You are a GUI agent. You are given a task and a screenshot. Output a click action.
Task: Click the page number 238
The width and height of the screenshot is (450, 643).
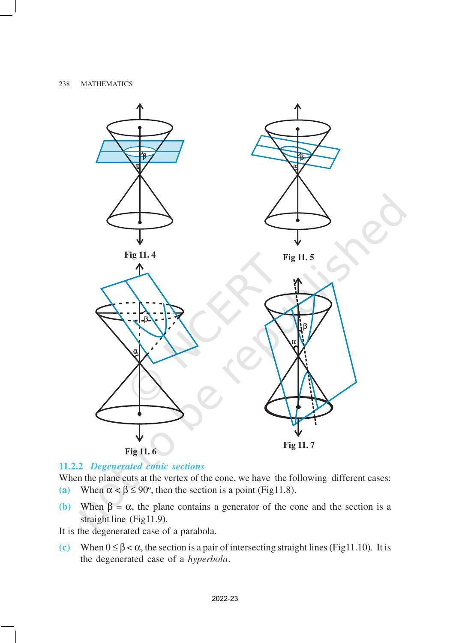(x=64, y=84)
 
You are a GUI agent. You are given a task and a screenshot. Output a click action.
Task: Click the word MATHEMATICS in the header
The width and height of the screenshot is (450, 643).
(x=107, y=84)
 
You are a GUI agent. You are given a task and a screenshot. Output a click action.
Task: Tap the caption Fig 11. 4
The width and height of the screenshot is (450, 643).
(x=140, y=255)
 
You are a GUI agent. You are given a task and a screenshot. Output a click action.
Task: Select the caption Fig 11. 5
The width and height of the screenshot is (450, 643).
(x=298, y=258)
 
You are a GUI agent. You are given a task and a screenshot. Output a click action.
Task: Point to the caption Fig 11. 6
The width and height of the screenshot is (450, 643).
(x=141, y=451)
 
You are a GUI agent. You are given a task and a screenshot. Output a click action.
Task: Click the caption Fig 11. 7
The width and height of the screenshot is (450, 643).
(x=299, y=445)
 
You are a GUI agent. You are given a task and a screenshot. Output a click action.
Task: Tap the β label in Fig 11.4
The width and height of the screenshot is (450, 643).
(x=144, y=156)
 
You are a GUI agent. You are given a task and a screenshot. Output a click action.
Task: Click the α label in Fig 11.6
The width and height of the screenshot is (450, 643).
(x=135, y=352)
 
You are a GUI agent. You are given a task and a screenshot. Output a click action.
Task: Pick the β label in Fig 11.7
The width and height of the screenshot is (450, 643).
(x=305, y=326)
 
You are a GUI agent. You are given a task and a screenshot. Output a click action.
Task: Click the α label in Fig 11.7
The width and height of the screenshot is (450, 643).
(x=294, y=342)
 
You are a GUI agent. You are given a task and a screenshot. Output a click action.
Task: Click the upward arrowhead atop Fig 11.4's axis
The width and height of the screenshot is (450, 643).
(x=140, y=106)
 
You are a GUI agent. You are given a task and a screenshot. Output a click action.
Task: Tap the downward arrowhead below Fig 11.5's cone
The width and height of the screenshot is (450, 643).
(x=298, y=241)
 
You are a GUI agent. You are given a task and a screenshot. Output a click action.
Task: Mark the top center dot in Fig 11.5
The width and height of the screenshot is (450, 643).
(x=298, y=129)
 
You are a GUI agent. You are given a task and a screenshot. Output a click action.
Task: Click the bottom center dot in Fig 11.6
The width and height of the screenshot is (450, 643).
(x=140, y=414)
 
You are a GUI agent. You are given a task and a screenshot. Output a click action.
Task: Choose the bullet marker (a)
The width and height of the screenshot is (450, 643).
(x=64, y=490)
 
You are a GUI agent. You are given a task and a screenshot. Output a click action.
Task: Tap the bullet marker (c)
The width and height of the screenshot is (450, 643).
(x=64, y=548)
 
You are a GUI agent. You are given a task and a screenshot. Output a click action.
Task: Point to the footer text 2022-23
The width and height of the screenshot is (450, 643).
(x=225, y=599)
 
